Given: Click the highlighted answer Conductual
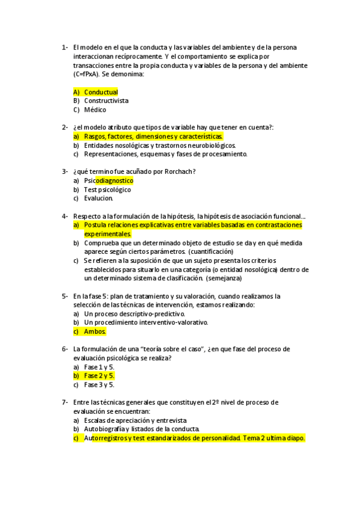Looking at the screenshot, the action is tap(101, 92).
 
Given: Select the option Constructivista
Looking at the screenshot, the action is tap(106, 101).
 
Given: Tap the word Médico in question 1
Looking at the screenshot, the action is tap(95, 110).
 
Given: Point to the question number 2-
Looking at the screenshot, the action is tap(65, 127).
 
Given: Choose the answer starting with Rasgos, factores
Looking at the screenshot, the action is tap(153, 137).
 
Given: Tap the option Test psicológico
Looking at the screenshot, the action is tap(108, 189).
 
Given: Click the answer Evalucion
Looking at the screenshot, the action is tap(99, 198).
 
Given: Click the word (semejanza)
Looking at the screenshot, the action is tap(224, 278).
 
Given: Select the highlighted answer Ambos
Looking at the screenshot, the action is tap(95, 331).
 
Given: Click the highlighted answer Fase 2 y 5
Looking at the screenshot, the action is tap(99, 376).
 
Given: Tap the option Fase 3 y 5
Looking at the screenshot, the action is tap(99, 385).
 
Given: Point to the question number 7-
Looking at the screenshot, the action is tap(65, 402).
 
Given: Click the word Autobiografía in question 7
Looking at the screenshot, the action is tap(105, 429).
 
